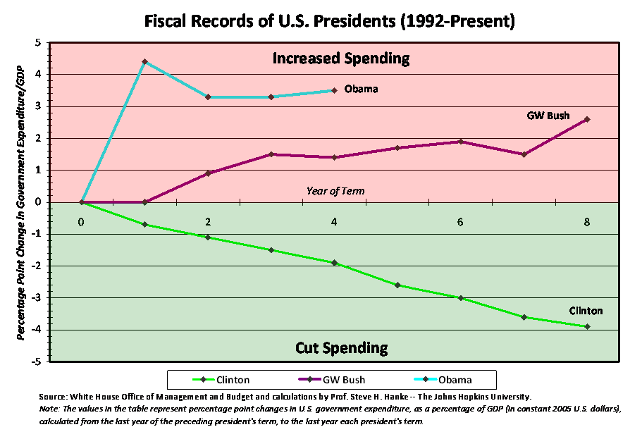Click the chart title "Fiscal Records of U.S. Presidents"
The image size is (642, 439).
point(330,21)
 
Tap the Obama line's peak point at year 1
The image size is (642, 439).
point(144,62)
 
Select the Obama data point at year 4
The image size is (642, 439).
point(334,90)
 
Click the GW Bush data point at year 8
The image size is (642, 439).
point(587,119)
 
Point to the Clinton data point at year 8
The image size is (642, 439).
point(587,326)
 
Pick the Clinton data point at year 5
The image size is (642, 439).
point(397,285)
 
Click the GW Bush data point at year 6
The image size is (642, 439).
point(460,142)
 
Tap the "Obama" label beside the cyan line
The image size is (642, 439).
point(361,89)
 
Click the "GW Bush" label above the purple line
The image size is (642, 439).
point(548,116)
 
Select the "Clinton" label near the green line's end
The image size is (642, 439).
point(586,311)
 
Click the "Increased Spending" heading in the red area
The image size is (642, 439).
point(341,58)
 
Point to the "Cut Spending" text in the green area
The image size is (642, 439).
point(341,347)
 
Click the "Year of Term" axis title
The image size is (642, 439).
point(335,191)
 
